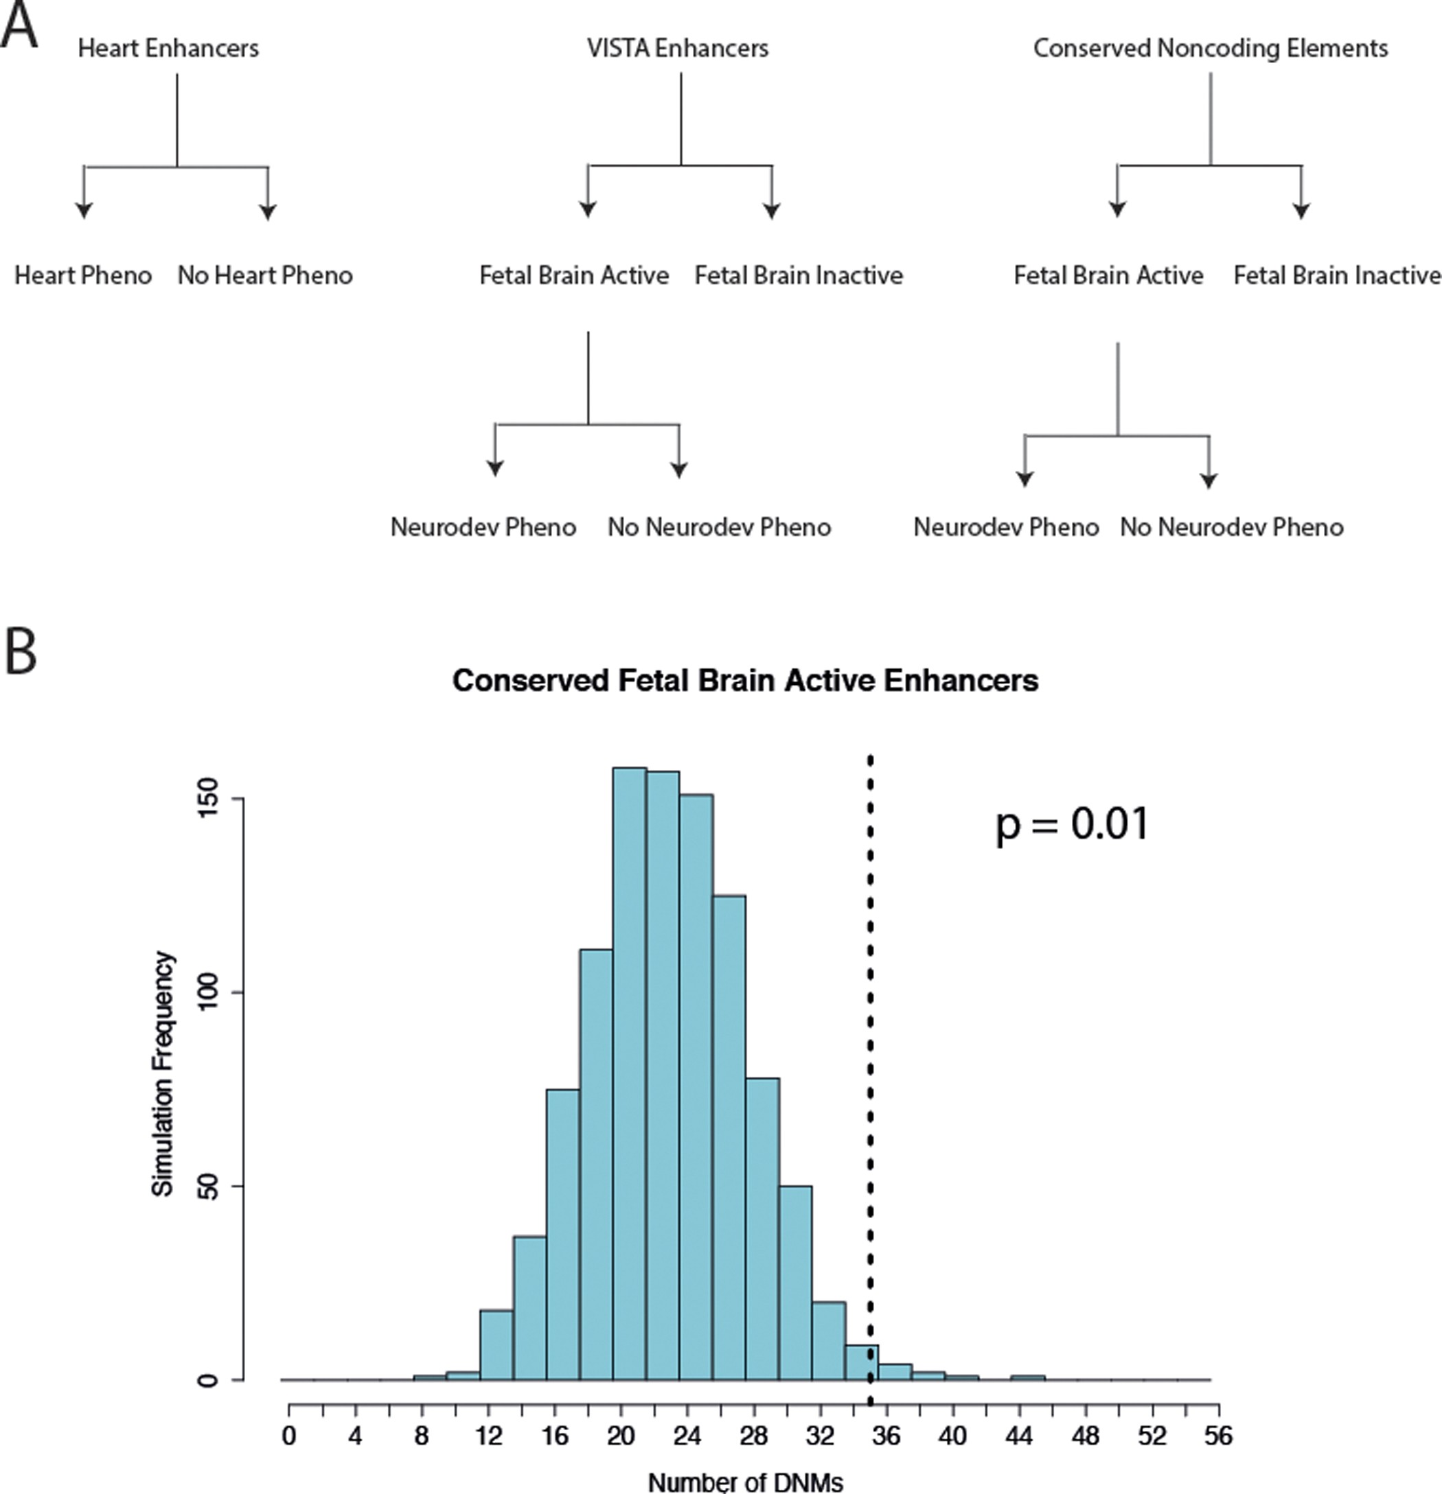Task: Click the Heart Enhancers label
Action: (x=168, y=48)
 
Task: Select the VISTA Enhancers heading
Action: (x=677, y=48)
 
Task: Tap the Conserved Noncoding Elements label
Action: (x=1210, y=48)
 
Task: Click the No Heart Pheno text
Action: (x=264, y=275)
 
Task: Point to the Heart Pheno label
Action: (x=82, y=275)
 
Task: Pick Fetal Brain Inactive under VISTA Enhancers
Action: (x=798, y=275)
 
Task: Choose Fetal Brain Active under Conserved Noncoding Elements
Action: (x=1108, y=275)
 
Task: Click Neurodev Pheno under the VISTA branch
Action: (x=483, y=528)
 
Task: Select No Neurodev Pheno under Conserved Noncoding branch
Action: (x=1231, y=528)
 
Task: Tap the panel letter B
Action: (x=21, y=653)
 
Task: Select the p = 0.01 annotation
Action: (x=1071, y=825)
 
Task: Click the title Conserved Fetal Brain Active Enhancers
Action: (x=745, y=681)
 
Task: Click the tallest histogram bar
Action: (x=629, y=1067)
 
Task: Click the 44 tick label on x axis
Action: (x=1019, y=1436)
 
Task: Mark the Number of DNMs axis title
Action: (x=745, y=1482)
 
